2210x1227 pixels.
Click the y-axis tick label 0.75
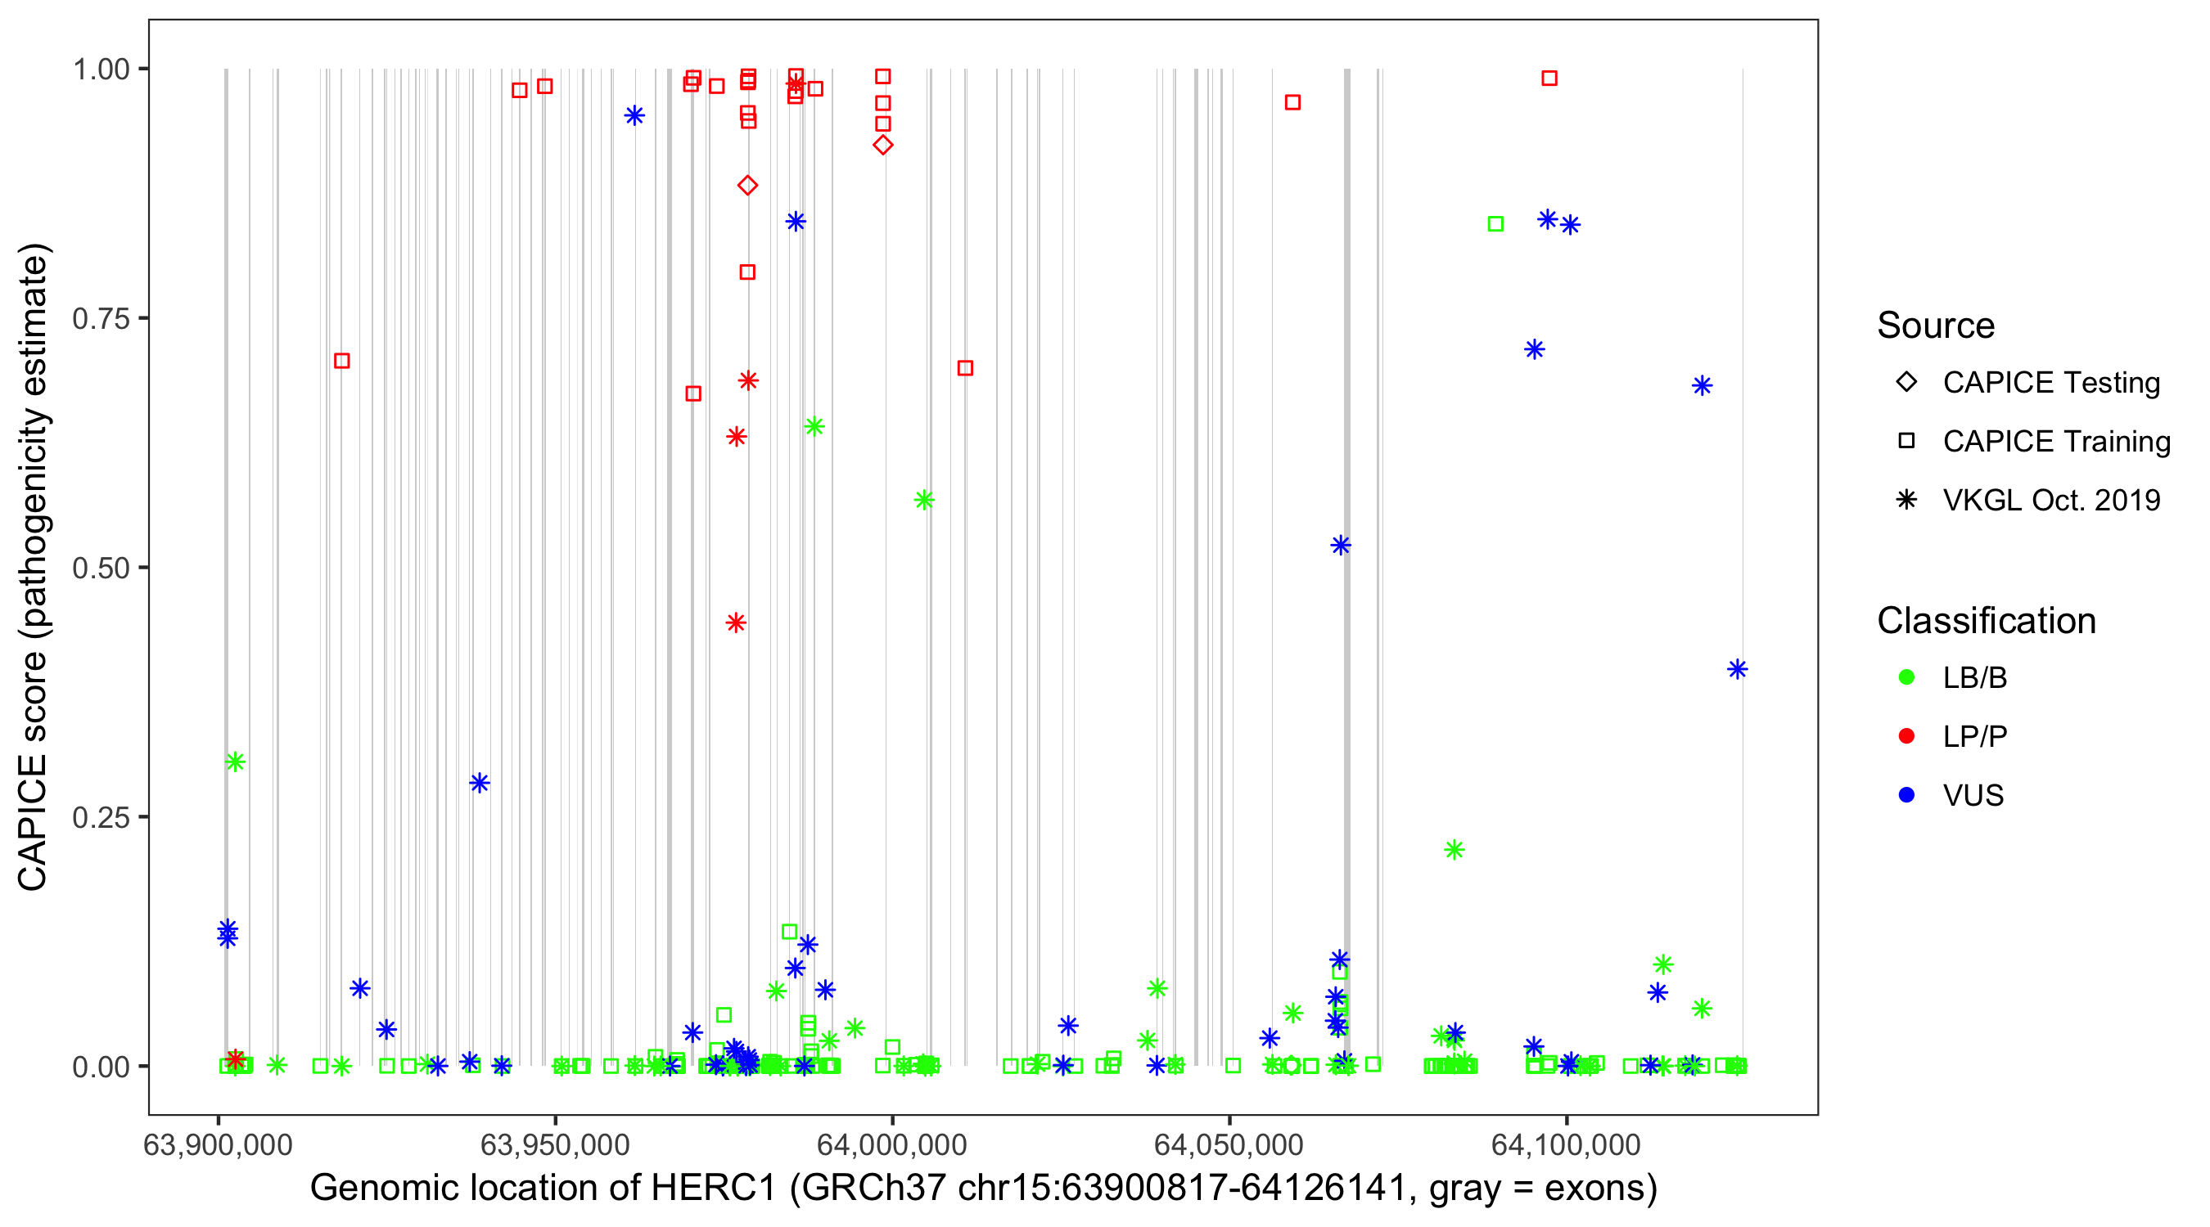click(x=100, y=319)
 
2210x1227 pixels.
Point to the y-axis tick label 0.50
click(x=100, y=569)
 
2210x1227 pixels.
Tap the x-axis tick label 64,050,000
click(x=1229, y=1144)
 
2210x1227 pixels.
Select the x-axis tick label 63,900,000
click(x=218, y=1144)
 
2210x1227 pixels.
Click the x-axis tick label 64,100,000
click(x=1566, y=1144)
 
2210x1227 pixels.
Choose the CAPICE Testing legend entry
click(x=2050, y=383)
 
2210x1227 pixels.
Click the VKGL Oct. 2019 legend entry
click(x=2050, y=500)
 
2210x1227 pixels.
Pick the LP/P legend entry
click(x=1974, y=736)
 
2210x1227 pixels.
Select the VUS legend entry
click(x=1973, y=796)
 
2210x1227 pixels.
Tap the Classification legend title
click(x=1985, y=621)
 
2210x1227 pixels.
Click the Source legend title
click(x=1936, y=326)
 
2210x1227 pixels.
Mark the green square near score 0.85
click(x=1495, y=224)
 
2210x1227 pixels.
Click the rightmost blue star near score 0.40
click(x=1737, y=670)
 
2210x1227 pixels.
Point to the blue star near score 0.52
click(x=1340, y=546)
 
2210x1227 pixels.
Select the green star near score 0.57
click(x=924, y=500)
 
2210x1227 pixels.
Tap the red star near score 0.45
click(x=735, y=622)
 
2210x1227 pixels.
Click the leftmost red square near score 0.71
click(x=341, y=361)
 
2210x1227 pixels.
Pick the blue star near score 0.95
click(x=634, y=116)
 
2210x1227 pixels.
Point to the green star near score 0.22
click(x=1455, y=850)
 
